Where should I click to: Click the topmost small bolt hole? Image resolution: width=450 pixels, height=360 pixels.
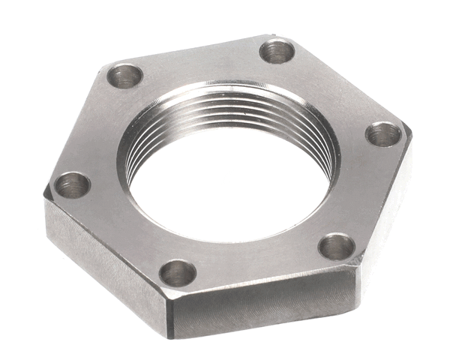click(x=276, y=51)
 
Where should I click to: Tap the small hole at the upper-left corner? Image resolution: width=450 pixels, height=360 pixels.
click(x=124, y=75)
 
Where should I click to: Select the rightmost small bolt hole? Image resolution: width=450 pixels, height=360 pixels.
click(x=383, y=134)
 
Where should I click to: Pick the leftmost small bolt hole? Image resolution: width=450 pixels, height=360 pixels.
click(x=73, y=184)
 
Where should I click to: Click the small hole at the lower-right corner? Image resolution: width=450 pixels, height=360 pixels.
click(x=335, y=245)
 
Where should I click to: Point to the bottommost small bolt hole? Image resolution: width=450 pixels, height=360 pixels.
click(x=178, y=272)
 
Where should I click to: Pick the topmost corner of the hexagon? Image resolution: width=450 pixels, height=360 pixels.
click(x=270, y=35)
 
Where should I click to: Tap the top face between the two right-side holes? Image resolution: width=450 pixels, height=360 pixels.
click(x=367, y=191)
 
